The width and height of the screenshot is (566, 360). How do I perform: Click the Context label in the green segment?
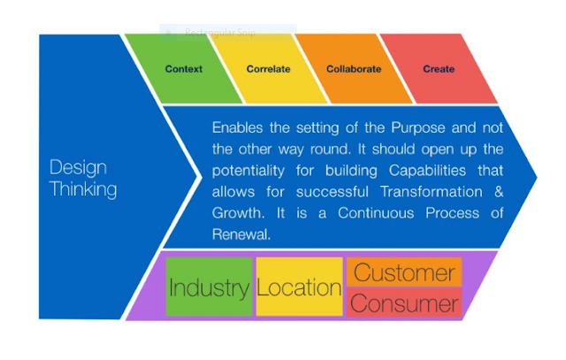point(183,69)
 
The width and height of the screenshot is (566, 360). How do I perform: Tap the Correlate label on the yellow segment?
point(268,69)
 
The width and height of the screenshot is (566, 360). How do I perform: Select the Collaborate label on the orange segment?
point(354,69)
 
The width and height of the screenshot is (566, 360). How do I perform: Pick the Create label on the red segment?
point(439,69)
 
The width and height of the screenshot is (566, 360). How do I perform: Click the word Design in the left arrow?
point(78,168)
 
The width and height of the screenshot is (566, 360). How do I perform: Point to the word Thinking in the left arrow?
point(83,189)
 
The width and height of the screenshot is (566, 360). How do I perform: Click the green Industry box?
point(209,287)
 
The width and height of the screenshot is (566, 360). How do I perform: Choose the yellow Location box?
point(299,287)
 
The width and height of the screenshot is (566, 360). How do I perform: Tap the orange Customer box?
point(404,272)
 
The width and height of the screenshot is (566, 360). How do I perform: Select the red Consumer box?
point(404,303)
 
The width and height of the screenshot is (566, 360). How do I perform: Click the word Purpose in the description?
point(418,128)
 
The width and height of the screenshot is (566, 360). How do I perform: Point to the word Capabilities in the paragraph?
point(427,171)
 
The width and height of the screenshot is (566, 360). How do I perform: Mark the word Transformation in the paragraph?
point(432,192)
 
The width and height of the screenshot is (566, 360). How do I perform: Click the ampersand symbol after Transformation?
point(499,192)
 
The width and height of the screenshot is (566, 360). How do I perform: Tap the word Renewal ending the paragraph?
point(241,234)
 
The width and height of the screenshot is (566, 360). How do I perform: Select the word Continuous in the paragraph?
point(376,213)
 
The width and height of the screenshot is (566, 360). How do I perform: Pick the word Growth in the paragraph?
point(238,213)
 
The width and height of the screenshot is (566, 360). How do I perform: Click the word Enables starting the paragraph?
point(237,128)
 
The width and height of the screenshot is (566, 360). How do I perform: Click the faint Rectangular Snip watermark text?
point(220,33)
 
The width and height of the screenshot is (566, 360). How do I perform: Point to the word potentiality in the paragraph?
point(249,171)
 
